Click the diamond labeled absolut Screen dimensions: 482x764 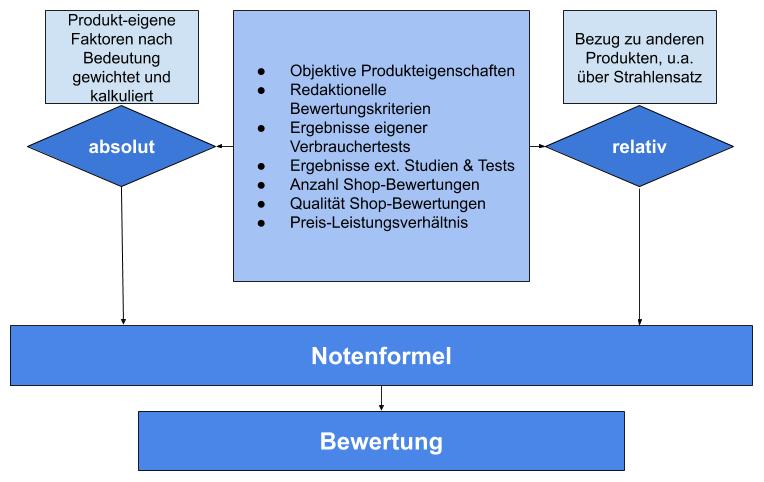point(122,147)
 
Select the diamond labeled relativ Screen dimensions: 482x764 point(639,147)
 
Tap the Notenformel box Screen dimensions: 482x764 point(381,356)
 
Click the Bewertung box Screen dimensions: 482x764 point(381,441)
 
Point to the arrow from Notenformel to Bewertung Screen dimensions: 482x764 point(381,399)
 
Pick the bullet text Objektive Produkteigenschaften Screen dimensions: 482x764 point(402,71)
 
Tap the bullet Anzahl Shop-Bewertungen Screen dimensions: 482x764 point(383,184)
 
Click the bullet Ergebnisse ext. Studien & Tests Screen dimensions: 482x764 point(402,165)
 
